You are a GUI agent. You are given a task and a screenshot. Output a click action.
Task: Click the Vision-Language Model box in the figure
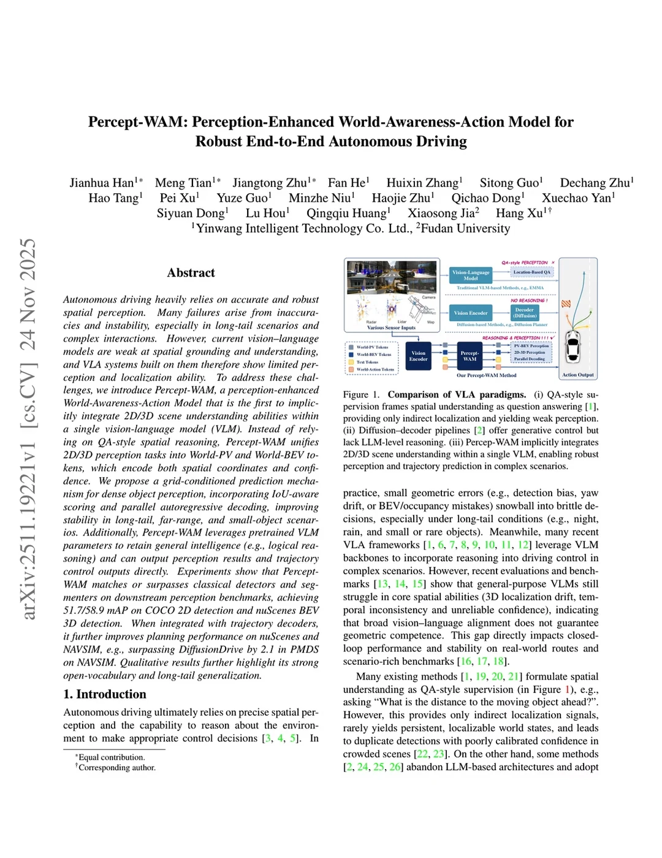click(x=471, y=275)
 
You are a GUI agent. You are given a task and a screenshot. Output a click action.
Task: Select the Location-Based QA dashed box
click(x=531, y=272)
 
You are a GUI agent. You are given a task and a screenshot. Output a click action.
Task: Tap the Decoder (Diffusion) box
click(x=525, y=313)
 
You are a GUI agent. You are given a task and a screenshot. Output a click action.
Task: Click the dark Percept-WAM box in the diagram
click(x=470, y=356)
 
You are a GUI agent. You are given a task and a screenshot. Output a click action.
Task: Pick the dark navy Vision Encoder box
click(x=418, y=356)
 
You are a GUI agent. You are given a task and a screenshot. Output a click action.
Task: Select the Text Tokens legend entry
click(x=367, y=362)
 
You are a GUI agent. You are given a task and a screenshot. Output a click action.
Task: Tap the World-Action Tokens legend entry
click(x=375, y=369)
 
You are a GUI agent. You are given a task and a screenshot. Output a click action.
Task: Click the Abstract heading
click(x=191, y=273)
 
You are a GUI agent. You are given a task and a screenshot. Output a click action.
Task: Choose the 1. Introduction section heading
click(x=105, y=694)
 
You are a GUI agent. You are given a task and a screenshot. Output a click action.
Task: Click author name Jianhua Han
click(x=102, y=183)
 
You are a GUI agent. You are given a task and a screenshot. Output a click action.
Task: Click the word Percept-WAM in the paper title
click(x=136, y=122)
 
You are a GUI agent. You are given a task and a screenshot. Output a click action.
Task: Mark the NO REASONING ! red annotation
click(x=528, y=301)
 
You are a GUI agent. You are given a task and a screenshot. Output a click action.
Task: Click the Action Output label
click(x=577, y=375)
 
